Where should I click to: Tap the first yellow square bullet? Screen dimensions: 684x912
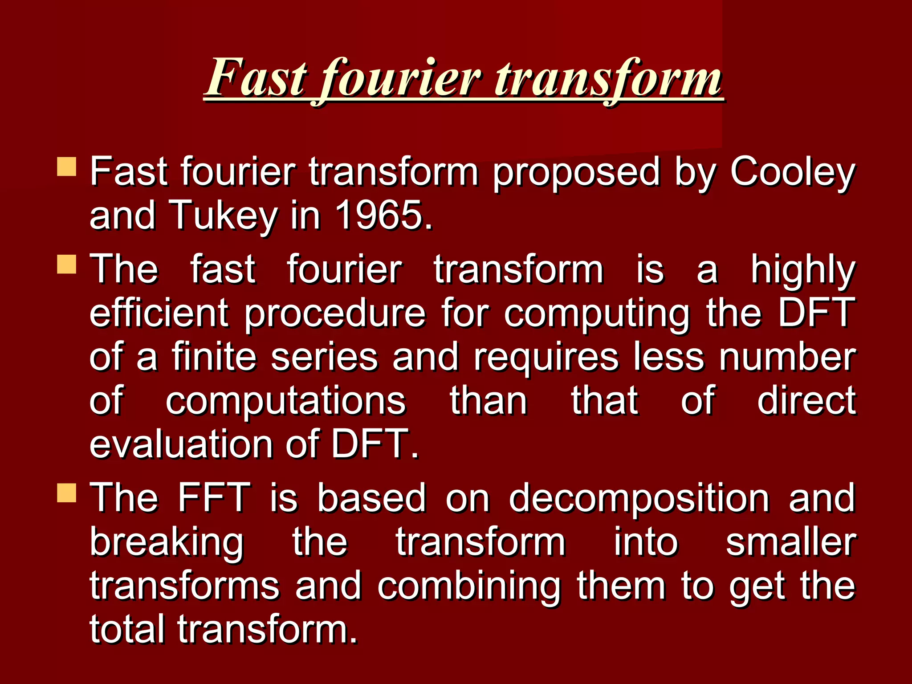pyautogui.click(x=67, y=167)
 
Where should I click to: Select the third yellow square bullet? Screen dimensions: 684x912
pyautogui.click(x=67, y=493)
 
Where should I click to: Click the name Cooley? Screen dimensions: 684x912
pyautogui.click(x=792, y=173)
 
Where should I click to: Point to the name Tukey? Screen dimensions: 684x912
pyautogui.click(x=223, y=216)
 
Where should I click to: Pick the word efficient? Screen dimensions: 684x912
pyautogui.click(x=159, y=313)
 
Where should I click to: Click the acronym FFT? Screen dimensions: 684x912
pyautogui.click(x=214, y=497)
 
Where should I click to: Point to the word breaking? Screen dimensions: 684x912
pyautogui.click(x=167, y=543)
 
